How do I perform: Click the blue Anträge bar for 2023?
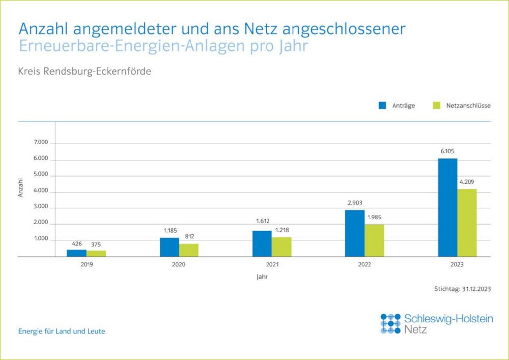(447, 208)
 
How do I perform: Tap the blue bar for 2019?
(76, 253)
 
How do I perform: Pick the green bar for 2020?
(189, 251)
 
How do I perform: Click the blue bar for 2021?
(262, 244)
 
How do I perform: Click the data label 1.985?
(374, 217)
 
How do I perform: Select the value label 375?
(96, 244)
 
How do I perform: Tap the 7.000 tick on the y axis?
(41, 143)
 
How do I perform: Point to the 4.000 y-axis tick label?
(41, 191)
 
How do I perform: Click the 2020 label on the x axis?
(179, 265)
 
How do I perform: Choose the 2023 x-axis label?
(457, 265)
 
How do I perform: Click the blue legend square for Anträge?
(383, 105)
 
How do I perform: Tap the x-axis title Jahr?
(262, 278)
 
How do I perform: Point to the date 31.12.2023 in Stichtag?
(476, 289)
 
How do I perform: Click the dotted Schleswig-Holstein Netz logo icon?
(390, 323)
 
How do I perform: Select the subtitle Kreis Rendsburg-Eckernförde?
(85, 71)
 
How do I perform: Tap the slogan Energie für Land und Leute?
(62, 331)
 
